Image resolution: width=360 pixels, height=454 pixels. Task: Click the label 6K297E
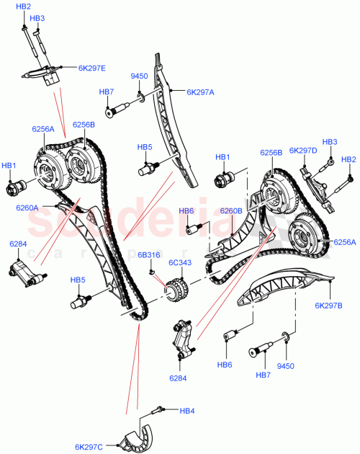click(x=91, y=68)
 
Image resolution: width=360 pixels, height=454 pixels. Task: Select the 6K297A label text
click(x=201, y=92)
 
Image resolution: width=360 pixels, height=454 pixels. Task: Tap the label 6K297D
click(x=302, y=151)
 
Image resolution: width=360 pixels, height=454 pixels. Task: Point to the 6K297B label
click(x=328, y=306)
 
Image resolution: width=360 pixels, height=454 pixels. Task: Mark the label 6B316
click(x=148, y=255)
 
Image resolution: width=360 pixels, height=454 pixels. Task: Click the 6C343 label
click(x=180, y=263)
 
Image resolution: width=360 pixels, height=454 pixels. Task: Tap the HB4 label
click(x=187, y=411)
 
